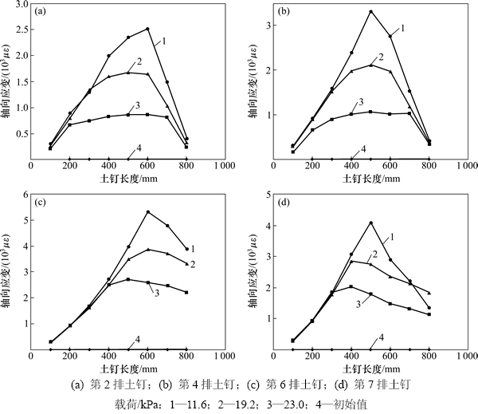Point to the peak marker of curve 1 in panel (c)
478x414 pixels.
pos(147,211)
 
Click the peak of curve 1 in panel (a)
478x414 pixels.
pos(147,30)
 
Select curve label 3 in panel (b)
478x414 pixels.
pos(360,102)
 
